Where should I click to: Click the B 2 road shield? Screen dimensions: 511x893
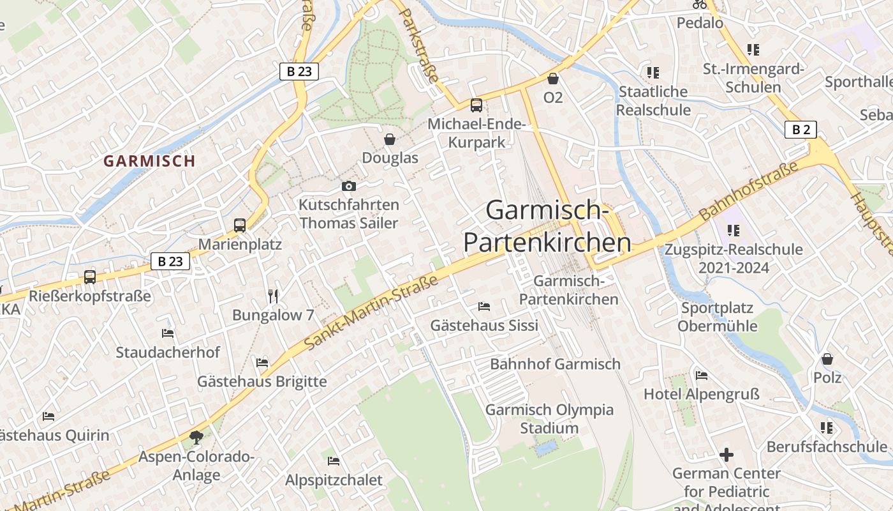(x=801, y=130)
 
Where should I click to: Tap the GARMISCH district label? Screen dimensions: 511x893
(x=149, y=161)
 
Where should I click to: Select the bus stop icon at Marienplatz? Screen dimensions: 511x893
(x=240, y=225)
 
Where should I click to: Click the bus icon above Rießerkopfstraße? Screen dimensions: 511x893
(x=90, y=277)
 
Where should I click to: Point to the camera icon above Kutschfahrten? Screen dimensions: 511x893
(x=349, y=186)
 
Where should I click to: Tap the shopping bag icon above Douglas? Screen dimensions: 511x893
(x=390, y=139)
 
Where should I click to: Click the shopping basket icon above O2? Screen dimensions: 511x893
(x=553, y=79)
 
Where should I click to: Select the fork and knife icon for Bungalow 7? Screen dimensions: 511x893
(x=273, y=296)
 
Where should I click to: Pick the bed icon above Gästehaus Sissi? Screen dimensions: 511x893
(x=484, y=307)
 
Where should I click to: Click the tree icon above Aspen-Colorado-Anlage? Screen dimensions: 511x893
(x=196, y=438)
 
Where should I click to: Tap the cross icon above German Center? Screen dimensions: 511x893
(x=727, y=455)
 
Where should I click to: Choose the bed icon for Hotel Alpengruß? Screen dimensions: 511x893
(x=702, y=375)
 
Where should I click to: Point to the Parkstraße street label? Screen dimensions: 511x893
(x=418, y=43)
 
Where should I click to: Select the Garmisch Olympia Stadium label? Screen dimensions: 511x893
(x=549, y=419)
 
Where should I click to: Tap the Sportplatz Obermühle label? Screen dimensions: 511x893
(x=717, y=317)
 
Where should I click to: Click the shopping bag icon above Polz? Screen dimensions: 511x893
(x=827, y=359)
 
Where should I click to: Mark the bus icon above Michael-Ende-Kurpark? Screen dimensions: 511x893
(x=476, y=105)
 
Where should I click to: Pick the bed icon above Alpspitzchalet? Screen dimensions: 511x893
(x=334, y=461)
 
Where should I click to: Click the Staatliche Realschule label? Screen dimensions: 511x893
(x=653, y=100)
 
